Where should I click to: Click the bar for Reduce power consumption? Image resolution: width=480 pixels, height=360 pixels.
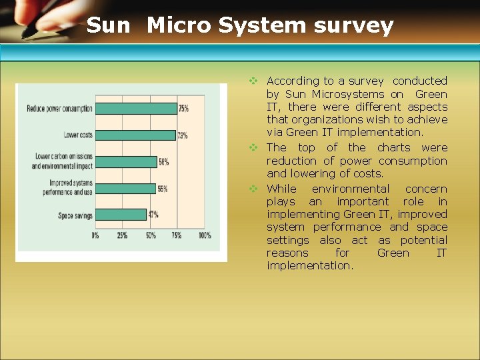[x=136, y=108]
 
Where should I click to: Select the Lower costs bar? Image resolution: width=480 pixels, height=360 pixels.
[x=135, y=135]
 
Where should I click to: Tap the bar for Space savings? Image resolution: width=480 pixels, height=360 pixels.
[x=121, y=215]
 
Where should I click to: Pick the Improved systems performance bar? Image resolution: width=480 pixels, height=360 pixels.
[x=125, y=189]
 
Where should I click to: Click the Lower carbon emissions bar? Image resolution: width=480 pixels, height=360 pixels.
[x=126, y=161]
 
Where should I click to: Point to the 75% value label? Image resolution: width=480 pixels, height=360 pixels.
[x=183, y=109]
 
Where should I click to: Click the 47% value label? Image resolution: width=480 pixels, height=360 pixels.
[x=153, y=215]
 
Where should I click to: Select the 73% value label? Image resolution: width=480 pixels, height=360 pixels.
[x=182, y=135]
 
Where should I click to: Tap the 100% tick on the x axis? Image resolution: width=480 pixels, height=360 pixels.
[x=205, y=235]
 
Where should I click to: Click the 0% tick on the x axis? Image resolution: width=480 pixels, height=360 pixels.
[x=95, y=235]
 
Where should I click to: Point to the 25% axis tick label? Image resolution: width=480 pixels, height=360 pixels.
[x=123, y=235]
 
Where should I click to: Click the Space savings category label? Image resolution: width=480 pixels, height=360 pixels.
[x=75, y=215]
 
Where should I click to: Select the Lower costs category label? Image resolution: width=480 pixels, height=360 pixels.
[x=78, y=135]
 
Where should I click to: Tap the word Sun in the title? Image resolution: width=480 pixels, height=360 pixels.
[x=109, y=25]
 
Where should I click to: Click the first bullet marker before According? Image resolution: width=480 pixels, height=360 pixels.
[x=253, y=81]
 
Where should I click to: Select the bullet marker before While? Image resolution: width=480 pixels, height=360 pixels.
[x=253, y=189]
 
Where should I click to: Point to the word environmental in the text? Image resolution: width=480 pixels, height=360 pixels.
[x=351, y=189]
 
